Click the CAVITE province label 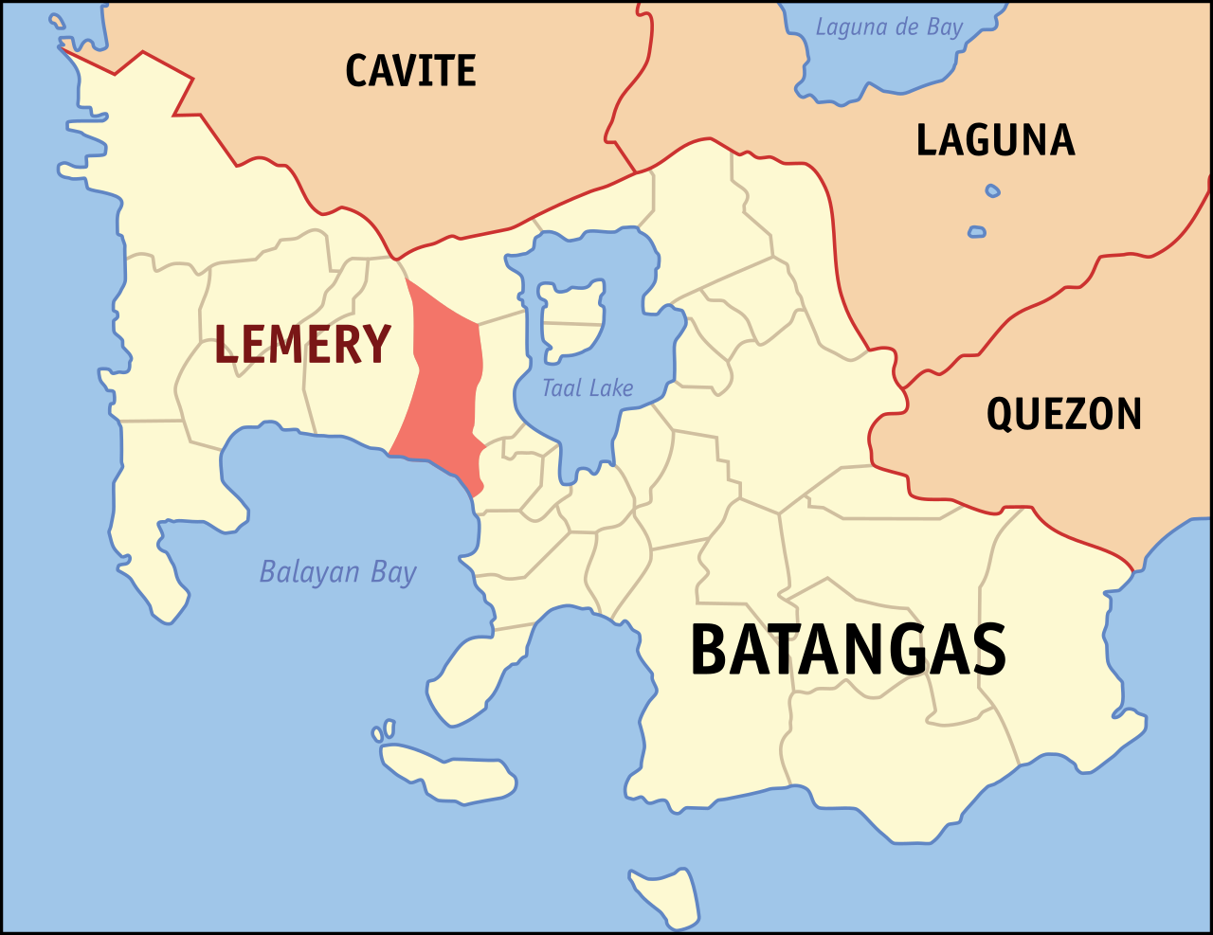pos(410,71)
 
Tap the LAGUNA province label pos(995,141)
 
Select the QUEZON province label pos(1064,415)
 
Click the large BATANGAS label pos(847,651)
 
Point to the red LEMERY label pos(302,344)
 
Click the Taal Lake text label pos(588,388)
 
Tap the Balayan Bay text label pos(338,572)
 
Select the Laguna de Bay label pos(889,27)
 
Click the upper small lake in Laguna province pos(992,190)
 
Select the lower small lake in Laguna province pos(977,231)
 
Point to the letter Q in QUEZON pos(1003,415)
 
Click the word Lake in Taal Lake pos(611,388)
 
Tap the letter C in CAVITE pos(358,71)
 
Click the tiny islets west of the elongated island pos(383,731)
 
